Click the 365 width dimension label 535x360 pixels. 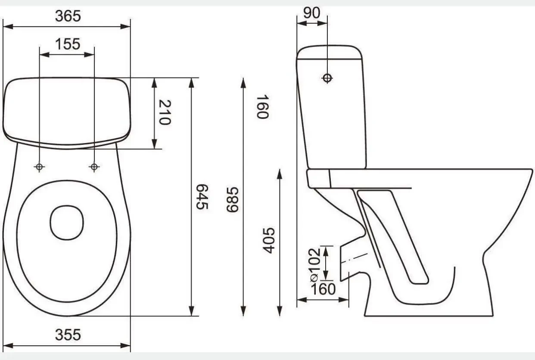(68, 16)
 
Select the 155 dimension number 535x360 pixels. (68, 44)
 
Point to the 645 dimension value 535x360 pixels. (202, 197)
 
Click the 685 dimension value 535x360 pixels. (232, 200)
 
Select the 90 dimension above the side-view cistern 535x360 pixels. (311, 13)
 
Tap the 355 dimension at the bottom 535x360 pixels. (68, 334)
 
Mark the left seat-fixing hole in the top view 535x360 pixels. (39, 167)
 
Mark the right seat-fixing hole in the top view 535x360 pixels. (94, 167)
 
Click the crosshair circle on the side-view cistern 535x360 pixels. (327, 78)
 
